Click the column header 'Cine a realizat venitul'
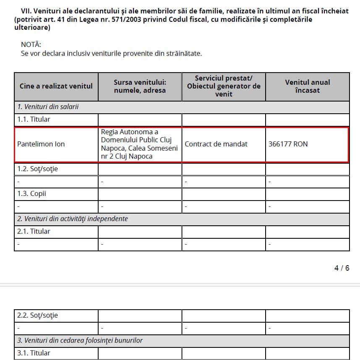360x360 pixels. [x=56, y=86]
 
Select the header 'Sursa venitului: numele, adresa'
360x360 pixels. [x=140, y=86]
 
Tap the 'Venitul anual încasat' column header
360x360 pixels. [x=307, y=86]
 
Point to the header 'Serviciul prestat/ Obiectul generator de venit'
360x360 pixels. [x=224, y=86]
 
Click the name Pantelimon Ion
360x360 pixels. [x=41, y=144]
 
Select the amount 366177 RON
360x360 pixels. [x=288, y=144]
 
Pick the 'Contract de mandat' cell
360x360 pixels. [x=216, y=144]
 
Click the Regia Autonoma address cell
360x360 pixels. [x=139, y=144]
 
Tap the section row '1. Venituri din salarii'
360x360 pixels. [x=48, y=107]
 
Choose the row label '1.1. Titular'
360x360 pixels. [x=34, y=119]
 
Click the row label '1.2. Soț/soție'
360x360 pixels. [x=38, y=169]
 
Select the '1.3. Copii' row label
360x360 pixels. [x=31, y=194]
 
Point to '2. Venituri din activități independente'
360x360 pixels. [x=73, y=219]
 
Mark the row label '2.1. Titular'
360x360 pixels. [x=34, y=231]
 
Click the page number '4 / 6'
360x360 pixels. [x=342, y=268]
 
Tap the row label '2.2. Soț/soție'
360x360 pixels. [x=38, y=315]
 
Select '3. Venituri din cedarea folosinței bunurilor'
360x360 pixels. [x=80, y=340]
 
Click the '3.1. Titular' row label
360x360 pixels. [x=34, y=353]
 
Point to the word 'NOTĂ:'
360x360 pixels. [x=31, y=44]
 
